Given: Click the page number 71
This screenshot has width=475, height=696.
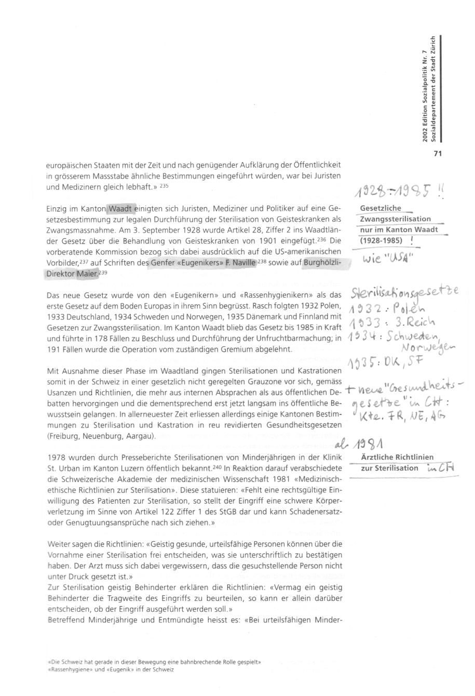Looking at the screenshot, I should coord(436,153).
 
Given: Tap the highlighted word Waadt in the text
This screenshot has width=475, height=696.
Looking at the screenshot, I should coord(120,209).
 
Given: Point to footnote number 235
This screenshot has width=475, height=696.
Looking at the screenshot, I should coord(164,185).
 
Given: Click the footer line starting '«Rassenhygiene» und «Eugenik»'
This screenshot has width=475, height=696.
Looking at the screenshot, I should coord(110,670).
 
